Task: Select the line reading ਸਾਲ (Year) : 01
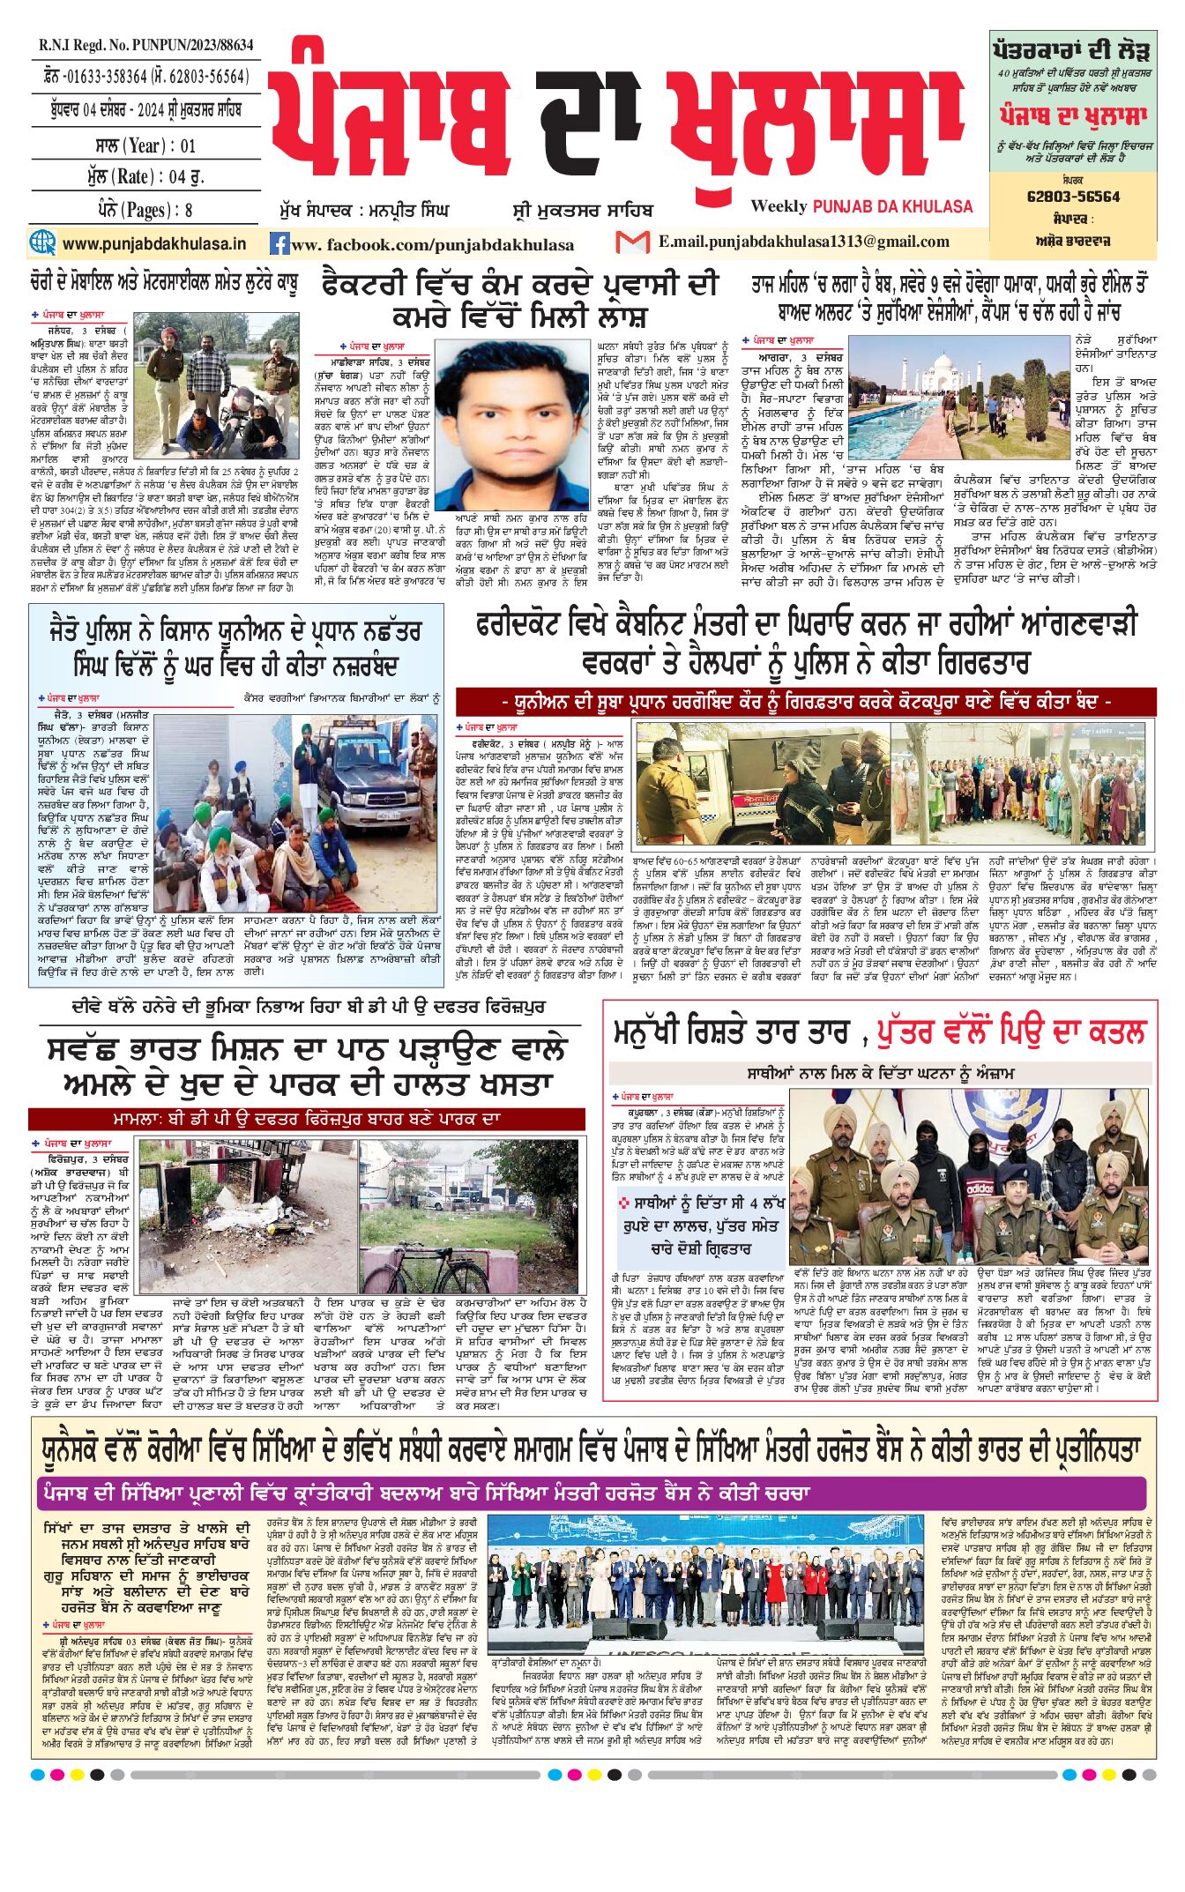click(145, 145)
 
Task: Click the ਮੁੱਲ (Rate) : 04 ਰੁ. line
click(145, 177)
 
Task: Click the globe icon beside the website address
click(41, 242)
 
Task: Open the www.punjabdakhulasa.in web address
click(154, 243)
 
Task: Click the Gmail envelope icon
click(632, 242)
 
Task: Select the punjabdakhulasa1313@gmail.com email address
click(803, 242)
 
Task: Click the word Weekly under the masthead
click(779, 206)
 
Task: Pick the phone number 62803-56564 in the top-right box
click(1073, 196)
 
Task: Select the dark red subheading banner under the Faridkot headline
click(806, 702)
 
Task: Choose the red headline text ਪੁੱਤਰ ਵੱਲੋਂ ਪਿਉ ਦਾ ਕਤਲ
click(1013, 1031)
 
